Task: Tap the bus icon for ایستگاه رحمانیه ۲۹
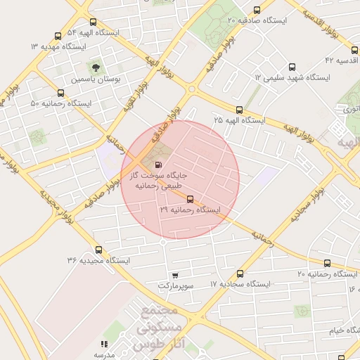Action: point(190,199)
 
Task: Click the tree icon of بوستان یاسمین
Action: point(95,68)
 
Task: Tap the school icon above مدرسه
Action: point(104,345)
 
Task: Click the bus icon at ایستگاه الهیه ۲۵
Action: point(240,110)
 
